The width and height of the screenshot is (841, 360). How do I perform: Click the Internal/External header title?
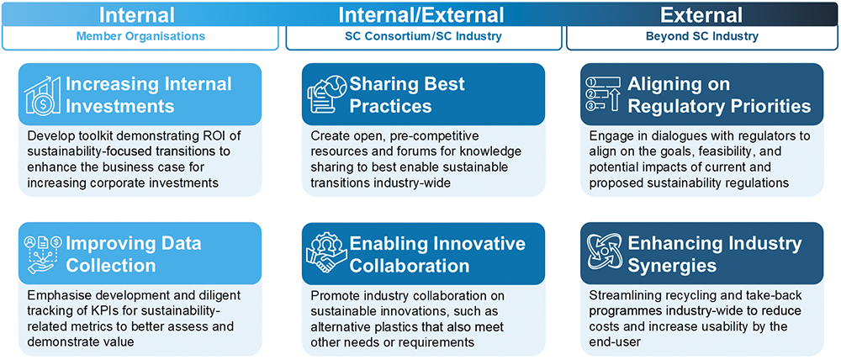(x=421, y=14)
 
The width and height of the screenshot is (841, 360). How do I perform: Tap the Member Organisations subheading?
(x=140, y=37)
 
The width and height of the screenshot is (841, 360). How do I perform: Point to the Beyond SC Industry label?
(x=701, y=37)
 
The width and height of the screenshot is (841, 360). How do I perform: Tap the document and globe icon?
(x=326, y=94)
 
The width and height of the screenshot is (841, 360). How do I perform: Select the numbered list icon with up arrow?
(x=603, y=94)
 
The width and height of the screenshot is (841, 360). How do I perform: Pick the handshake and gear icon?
(x=325, y=252)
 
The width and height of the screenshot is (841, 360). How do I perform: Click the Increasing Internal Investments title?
(x=149, y=94)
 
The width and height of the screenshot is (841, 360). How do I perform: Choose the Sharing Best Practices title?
(x=406, y=94)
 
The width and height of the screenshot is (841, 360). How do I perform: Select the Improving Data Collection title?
(x=133, y=254)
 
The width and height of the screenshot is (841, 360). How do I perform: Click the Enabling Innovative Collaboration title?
(x=437, y=254)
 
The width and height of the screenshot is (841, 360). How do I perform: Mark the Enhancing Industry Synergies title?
(x=714, y=254)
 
